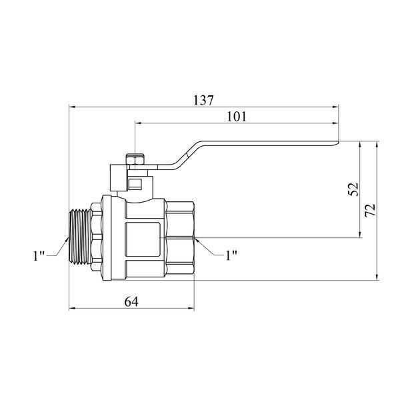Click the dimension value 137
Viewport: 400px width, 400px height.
(x=203, y=100)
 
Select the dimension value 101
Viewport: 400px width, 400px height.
(x=237, y=117)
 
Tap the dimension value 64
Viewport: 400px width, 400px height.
(x=131, y=302)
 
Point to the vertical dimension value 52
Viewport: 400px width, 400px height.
(x=353, y=189)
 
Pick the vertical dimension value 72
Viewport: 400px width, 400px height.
(x=370, y=210)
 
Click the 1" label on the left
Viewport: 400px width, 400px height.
(x=39, y=255)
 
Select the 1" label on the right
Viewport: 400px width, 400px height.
(x=231, y=255)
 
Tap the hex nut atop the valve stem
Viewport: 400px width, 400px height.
(x=135, y=159)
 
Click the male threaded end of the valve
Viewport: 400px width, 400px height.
(x=81, y=237)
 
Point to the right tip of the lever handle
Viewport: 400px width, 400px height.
(x=339, y=143)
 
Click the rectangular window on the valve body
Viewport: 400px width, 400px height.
(x=143, y=239)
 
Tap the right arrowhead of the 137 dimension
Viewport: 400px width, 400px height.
(x=335, y=107)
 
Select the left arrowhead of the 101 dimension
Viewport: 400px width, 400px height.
(x=139, y=123)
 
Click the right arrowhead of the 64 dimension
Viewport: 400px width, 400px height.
(x=191, y=309)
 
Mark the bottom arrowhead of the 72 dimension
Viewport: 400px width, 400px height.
(x=377, y=277)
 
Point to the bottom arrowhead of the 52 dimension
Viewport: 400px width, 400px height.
(x=360, y=234)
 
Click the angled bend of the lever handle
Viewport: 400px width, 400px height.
(x=187, y=155)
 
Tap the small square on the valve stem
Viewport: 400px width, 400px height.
(x=135, y=184)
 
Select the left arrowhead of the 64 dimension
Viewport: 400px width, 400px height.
(x=73, y=309)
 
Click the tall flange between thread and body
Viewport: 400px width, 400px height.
(x=107, y=238)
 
